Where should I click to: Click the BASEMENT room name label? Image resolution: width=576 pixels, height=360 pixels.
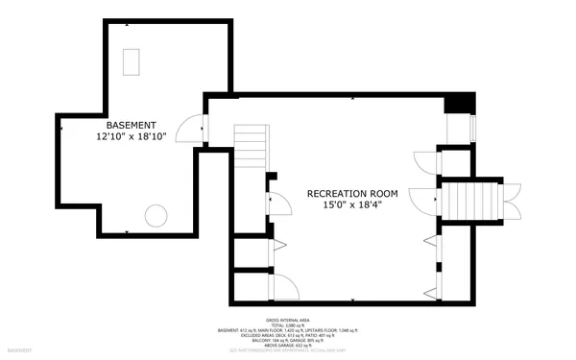[132, 125]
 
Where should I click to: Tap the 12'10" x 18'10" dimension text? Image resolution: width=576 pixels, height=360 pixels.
[132, 137]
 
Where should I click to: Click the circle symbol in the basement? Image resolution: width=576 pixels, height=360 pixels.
[155, 214]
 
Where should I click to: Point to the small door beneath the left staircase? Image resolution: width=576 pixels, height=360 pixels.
[282, 204]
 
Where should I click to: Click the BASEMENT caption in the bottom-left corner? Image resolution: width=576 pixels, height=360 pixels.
[16, 352]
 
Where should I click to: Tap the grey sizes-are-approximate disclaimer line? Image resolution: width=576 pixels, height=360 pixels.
[288, 352]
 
